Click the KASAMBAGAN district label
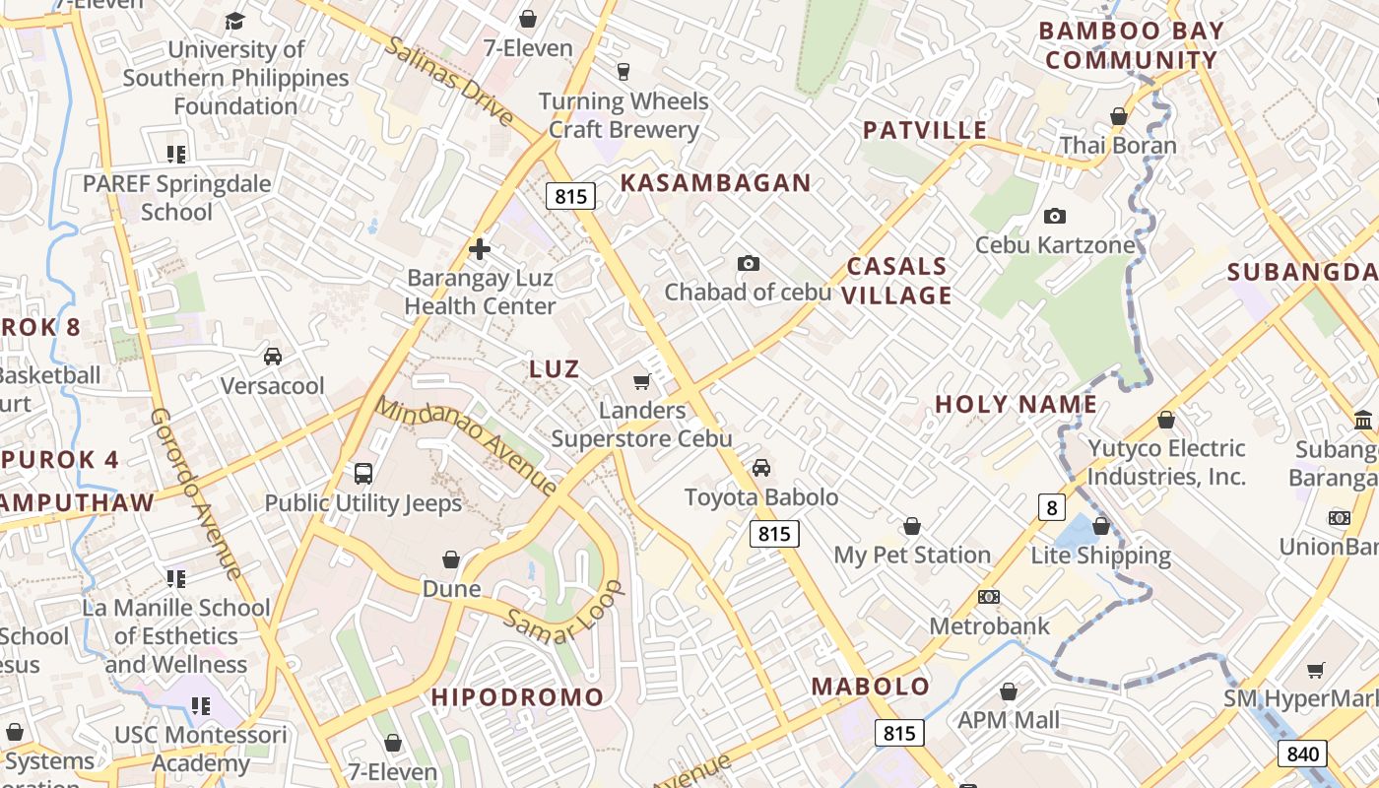click(x=715, y=182)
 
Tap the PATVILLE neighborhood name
click(x=924, y=130)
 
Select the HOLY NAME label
click(x=1016, y=404)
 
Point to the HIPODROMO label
click(x=517, y=697)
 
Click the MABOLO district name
click(x=870, y=687)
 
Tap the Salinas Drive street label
click(x=449, y=82)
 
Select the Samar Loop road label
click(x=565, y=612)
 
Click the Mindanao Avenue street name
click(x=466, y=445)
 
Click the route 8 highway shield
click(x=1052, y=507)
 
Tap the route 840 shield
click(x=1302, y=755)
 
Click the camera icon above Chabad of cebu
click(x=749, y=263)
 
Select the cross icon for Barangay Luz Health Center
click(x=480, y=249)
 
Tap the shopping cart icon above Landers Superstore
click(x=642, y=381)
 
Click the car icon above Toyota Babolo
click(x=761, y=468)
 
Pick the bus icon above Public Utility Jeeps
click(x=363, y=474)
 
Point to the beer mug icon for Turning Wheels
click(x=623, y=71)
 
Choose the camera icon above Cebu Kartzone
click(x=1054, y=216)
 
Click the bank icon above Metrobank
click(x=989, y=597)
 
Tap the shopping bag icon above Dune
click(x=451, y=559)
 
